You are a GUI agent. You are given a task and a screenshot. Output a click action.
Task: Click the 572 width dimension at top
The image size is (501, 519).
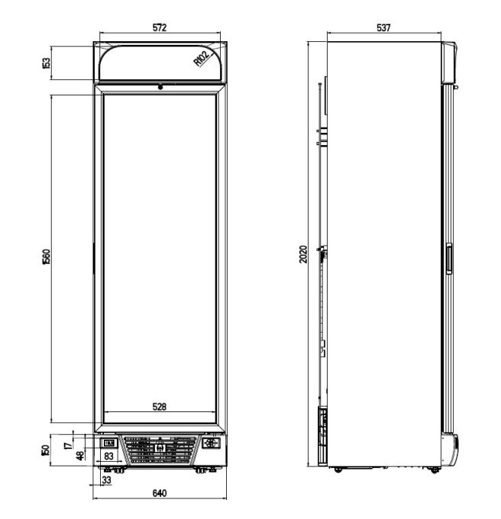click(159, 27)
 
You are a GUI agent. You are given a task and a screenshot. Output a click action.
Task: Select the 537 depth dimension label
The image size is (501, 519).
click(383, 27)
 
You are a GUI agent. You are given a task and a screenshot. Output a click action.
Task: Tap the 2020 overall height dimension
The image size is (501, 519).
click(302, 254)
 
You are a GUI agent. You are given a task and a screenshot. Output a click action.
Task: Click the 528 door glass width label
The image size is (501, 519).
click(159, 407)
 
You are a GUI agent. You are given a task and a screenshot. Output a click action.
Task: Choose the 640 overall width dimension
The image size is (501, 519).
click(159, 493)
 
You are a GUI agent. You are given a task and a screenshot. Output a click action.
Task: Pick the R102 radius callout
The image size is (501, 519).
click(202, 60)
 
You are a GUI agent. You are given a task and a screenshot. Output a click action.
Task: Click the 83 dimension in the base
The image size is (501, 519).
click(109, 456)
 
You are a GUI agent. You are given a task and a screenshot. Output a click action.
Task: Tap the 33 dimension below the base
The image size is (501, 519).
click(105, 482)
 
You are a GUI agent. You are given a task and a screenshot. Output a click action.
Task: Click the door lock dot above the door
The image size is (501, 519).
click(160, 87)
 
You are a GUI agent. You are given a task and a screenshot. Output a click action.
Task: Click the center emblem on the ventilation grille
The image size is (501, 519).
click(160, 450)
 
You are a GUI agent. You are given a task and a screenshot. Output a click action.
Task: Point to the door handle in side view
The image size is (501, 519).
click(449, 259)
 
